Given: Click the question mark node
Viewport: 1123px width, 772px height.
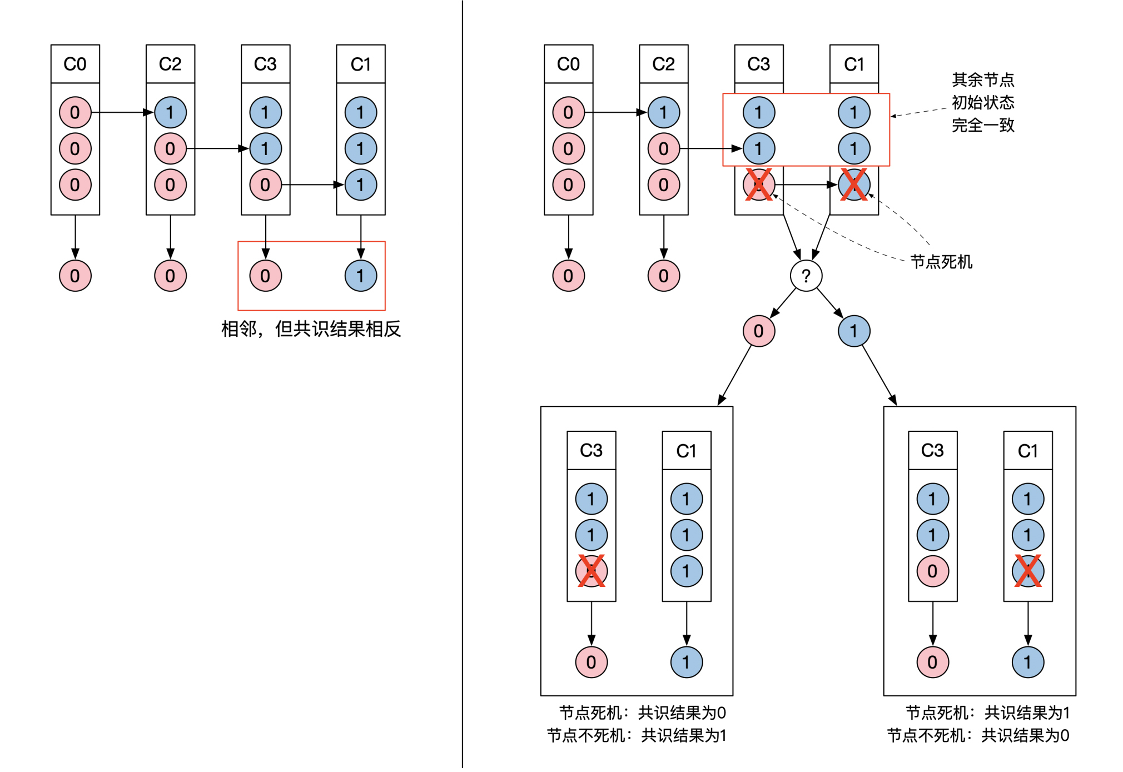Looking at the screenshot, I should tap(806, 276).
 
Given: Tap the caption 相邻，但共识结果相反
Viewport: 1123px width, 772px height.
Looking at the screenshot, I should tap(311, 329).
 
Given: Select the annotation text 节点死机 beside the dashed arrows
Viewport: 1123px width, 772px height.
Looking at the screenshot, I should tap(941, 262).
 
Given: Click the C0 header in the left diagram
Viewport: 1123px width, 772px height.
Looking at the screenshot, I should tap(75, 64).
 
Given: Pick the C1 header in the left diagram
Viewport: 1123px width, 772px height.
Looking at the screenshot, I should tap(360, 64).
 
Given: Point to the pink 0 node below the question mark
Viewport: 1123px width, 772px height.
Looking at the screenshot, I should tap(758, 331).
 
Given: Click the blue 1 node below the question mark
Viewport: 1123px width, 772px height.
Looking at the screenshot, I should tap(853, 331).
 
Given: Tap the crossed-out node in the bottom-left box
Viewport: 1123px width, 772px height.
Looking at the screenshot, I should tap(591, 571).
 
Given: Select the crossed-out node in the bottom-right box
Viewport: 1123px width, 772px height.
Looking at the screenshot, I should tap(1027, 571).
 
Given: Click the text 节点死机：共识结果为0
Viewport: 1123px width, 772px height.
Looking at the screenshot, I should tap(642, 713).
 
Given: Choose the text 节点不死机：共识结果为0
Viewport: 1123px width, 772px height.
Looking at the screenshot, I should tap(978, 735).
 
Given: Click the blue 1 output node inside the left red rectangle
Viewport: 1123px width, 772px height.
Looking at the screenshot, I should tap(360, 276).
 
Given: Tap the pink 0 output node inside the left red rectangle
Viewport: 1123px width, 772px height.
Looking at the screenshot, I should tap(265, 276).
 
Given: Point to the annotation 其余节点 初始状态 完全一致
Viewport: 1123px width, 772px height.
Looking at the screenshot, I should tap(983, 103).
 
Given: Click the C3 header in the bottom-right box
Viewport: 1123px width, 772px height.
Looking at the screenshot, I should tap(932, 450).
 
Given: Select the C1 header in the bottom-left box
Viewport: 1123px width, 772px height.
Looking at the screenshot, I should tap(686, 450).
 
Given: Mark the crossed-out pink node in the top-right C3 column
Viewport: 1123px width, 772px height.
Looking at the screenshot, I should tap(758, 185).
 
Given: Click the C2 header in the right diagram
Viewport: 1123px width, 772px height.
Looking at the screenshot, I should tap(663, 64).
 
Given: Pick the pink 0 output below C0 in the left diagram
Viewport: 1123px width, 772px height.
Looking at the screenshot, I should tap(75, 276).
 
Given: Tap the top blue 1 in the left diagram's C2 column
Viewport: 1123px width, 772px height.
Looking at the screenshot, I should tap(170, 112).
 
